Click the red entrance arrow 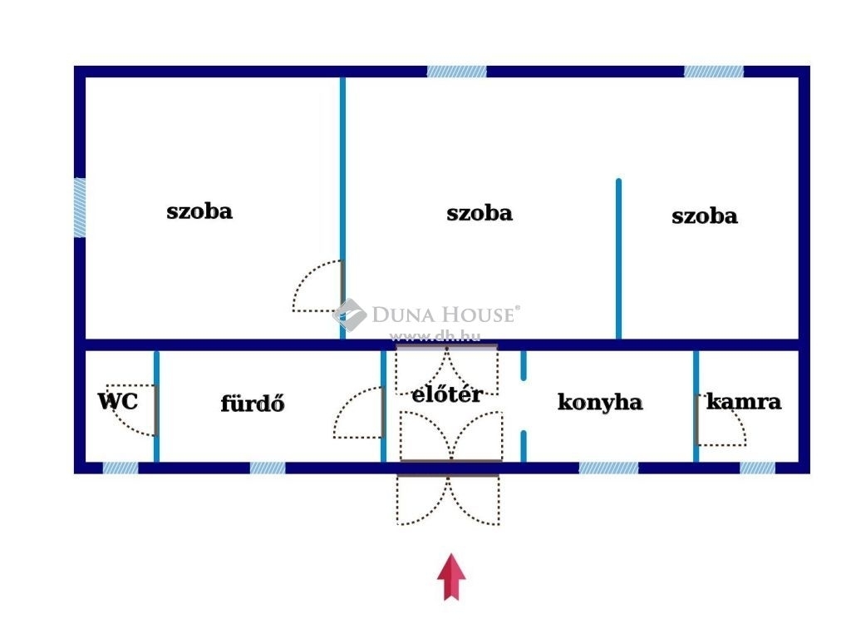(x=451, y=577)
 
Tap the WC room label (x=118, y=402)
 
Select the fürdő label (x=253, y=404)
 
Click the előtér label (x=447, y=394)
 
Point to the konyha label (x=600, y=402)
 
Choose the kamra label (x=744, y=402)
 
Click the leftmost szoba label (x=199, y=211)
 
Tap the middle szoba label (x=480, y=213)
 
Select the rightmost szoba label (x=705, y=216)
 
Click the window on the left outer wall (x=80, y=207)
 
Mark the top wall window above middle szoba (x=457, y=72)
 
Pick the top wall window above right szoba (x=714, y=72)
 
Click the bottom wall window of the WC (x=121, y=468)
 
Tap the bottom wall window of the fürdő (x=268, y=468)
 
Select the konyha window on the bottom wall (x=609, y=468)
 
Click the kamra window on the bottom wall (x=758, y=468)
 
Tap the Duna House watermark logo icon (x=350, y=315)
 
